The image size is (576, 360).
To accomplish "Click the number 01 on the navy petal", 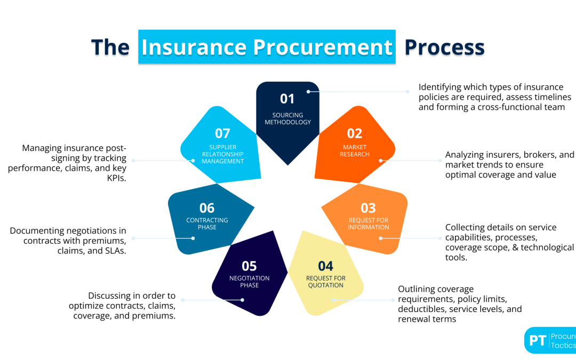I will pos(287,99).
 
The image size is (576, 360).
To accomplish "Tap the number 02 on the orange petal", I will pos(355,133).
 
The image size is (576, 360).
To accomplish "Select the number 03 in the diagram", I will pos(368,208).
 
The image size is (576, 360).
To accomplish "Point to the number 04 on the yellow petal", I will pos(325,266).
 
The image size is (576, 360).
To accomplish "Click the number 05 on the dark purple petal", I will pos(249,266).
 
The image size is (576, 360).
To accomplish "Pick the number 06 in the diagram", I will pos(207,208).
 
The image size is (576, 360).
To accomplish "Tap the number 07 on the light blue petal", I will pos(222,133).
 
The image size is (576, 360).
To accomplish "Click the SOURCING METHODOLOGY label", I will pos(287,118).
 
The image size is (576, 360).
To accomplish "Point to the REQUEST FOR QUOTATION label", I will pos(325,282).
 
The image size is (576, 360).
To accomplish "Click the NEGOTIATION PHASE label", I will pos(249,282).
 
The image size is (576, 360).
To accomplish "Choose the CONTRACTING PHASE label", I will pos(207,224).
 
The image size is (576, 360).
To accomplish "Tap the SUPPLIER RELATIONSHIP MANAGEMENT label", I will pos(222,154).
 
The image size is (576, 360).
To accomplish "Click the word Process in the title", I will pos(444,47).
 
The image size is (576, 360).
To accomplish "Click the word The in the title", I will pos(110,47).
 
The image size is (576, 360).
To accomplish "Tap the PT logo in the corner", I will pos(538,340).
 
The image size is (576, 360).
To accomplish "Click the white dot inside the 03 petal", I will pos(380,238).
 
